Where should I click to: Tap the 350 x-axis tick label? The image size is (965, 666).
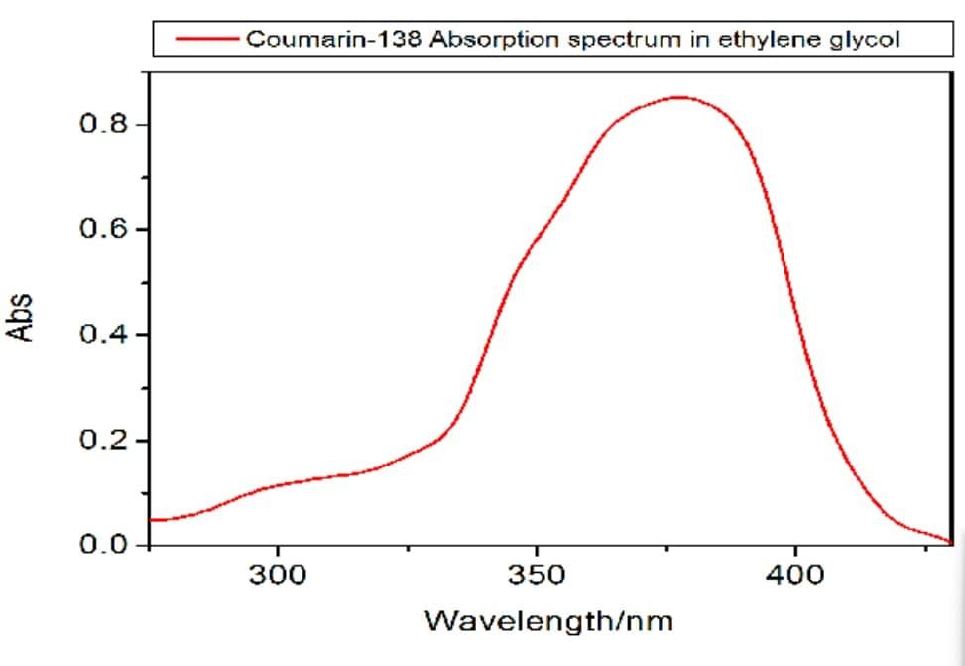point(537,575)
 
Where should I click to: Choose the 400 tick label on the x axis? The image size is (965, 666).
point(795,575)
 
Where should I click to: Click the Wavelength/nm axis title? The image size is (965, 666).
point(548,622)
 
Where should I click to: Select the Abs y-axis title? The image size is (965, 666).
point(19,317)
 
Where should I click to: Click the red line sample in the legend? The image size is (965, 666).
point(205,40)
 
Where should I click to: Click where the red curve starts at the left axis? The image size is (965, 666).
point(151,520)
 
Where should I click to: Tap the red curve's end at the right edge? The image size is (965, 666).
point(949,542)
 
